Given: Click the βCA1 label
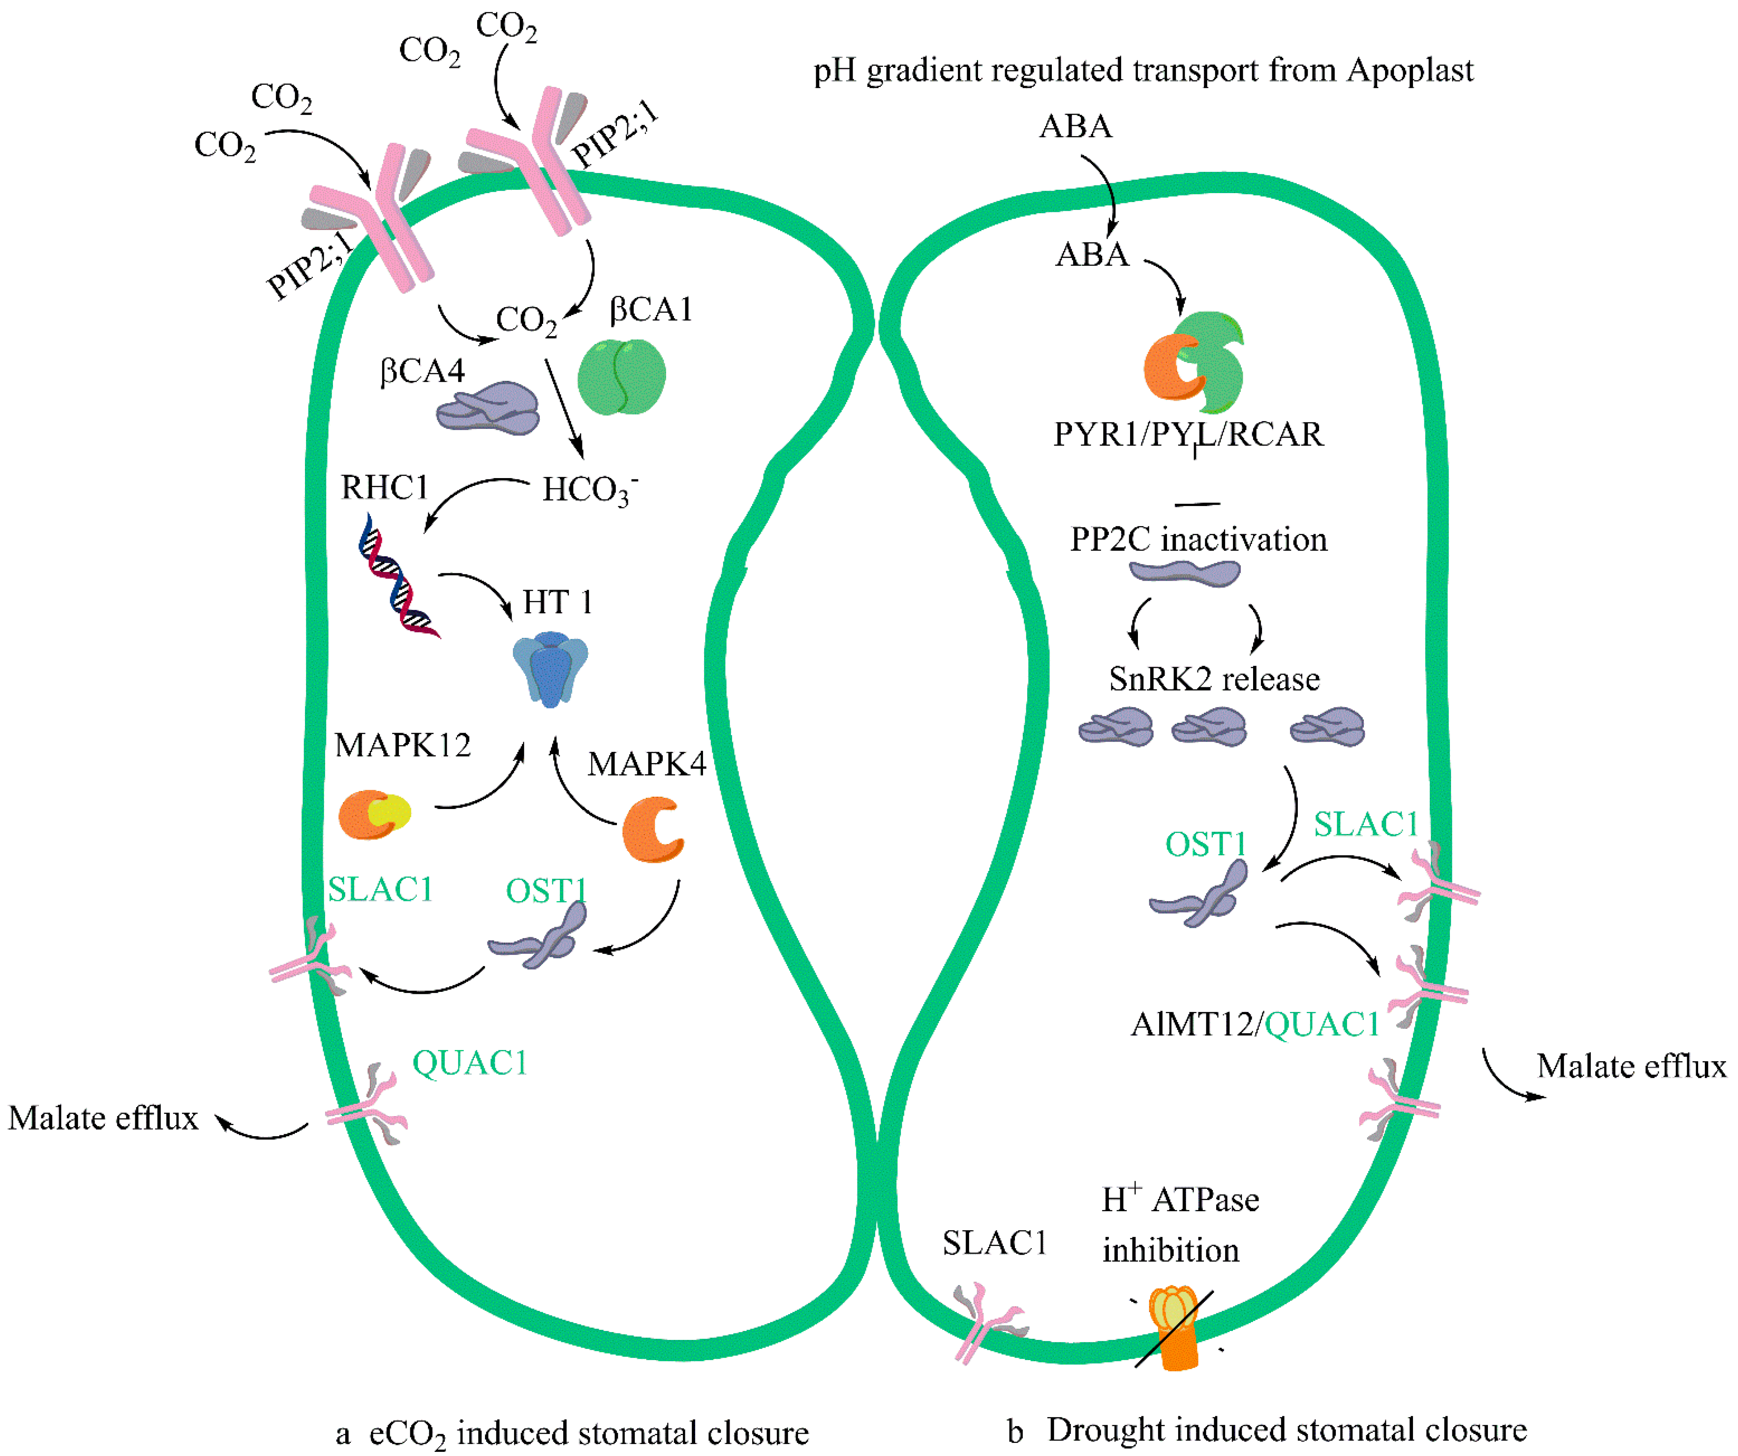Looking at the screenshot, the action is [x=651, y=310].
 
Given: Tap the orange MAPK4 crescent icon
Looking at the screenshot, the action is [x=653, y=829].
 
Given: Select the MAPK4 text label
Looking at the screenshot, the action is [x=646, y=763].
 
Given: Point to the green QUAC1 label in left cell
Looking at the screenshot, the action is [x=470, y=1063].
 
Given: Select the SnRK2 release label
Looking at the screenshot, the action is [x=1214, y=679].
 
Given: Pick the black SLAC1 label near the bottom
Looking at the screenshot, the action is [x=995, y=1242].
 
